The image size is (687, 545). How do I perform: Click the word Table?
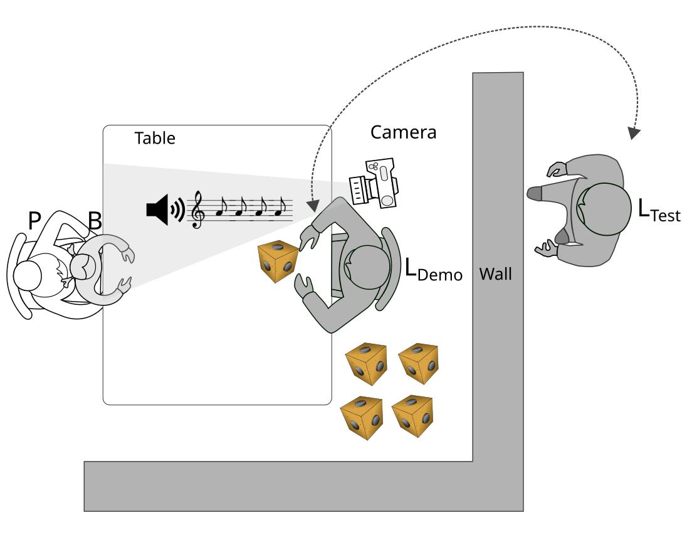(x=155, y=138)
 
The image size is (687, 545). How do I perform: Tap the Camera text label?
(x=403, y=132)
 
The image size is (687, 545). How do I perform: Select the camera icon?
(x=375, y=183)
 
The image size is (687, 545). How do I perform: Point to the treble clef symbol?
(x=198, y=209)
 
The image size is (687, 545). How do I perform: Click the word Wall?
(x=495, y=274)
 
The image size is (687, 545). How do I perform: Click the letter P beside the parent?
(x=35, y=221)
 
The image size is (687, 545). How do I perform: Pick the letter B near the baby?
(x=95, y=221)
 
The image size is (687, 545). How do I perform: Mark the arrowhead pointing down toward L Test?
(x=635, y=133)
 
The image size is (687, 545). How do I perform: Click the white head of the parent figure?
(x=28, y=274)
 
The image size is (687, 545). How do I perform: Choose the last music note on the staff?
(x=281, y=208)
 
